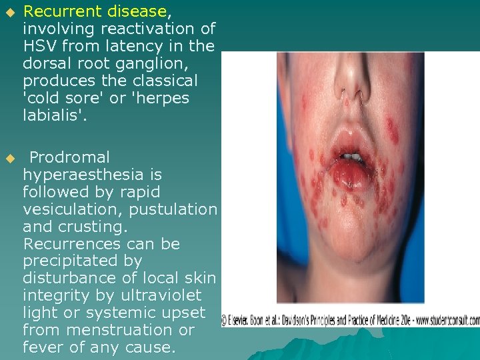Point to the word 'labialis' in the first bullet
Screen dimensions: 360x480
tap(47, 115)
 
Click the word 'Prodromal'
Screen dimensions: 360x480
tap(69, 157)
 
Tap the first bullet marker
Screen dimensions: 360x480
tap(9, 12)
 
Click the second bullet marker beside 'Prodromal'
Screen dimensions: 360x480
tap(9, 158)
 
